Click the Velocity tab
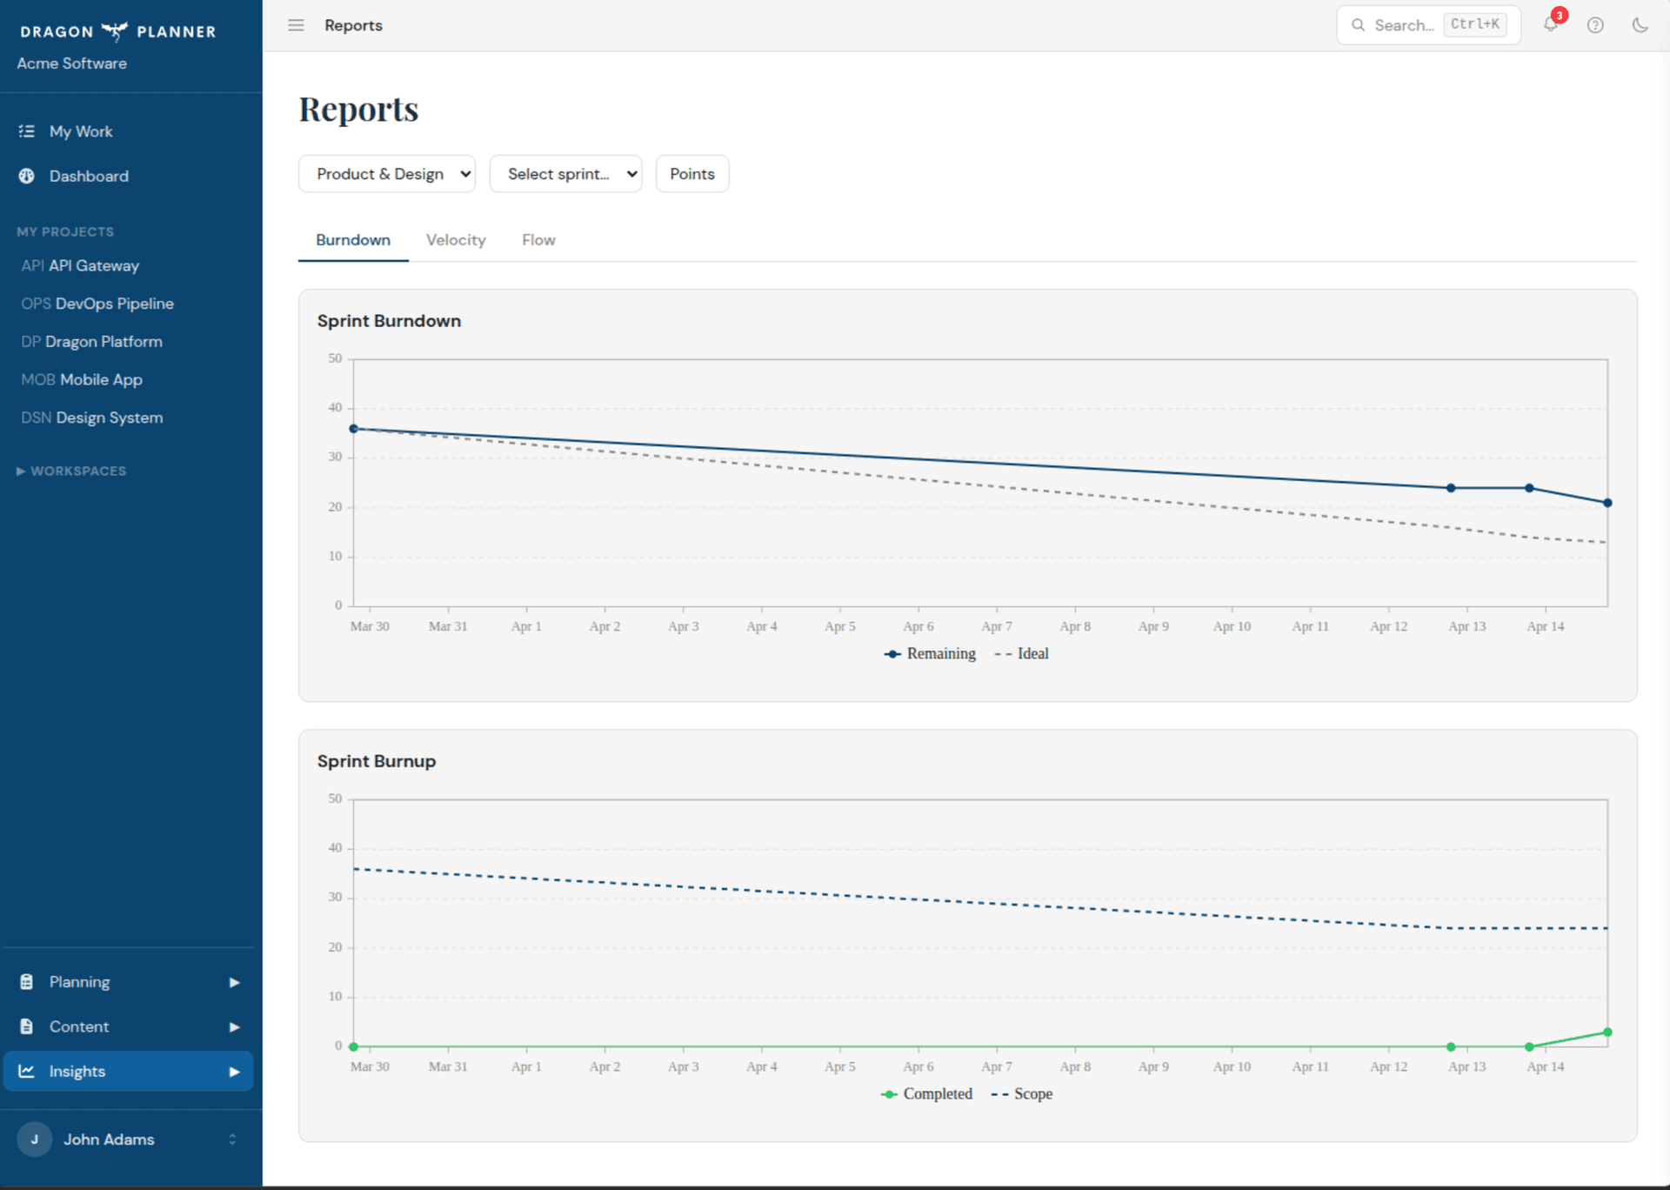(455, 240)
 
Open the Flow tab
(538, 240)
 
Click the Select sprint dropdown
(565, 174)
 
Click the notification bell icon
(1551, 24)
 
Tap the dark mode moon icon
(1640, 25)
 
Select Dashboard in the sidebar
(89, 176)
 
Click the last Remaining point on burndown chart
(1607, 503)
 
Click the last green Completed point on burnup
(1607, 1033)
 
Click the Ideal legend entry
(1023, 653)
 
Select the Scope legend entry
(1023, 1093)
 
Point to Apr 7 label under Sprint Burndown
(997, 626)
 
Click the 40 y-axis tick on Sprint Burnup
(335, 847)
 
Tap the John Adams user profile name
(109, 1139)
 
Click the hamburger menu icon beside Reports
(296, 25)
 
